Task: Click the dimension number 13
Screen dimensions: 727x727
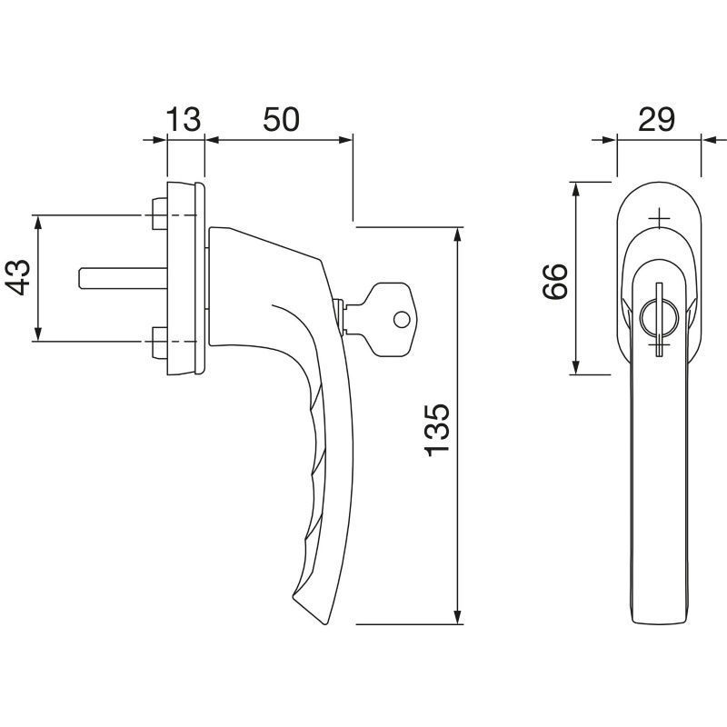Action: tap(184, 119)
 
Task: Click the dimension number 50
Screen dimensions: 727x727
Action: tap(281, 119)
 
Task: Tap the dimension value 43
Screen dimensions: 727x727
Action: tap(19, 278)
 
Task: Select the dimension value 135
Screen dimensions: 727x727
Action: tap(437, 430)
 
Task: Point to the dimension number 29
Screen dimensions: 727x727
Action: tap(656, 119)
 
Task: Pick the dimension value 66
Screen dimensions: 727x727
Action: tap(554, 282)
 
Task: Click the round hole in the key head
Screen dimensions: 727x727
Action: tap(402, 320)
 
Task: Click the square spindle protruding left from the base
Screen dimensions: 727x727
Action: tap(123, 278)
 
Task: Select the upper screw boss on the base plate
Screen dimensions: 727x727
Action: tap(160, 214)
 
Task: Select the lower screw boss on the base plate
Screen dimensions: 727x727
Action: tap(160, 343)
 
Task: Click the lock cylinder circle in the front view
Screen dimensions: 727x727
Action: tap(659, 319)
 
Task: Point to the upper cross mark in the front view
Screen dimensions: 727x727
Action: tap(659, 218)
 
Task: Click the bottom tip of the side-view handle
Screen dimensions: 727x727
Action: tap(327, 623)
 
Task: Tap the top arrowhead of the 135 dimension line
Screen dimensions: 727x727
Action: tap(458, 235)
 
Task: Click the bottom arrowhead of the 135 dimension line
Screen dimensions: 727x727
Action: tap(458, 616)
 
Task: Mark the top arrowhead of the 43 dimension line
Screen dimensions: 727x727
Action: tap(38, 223)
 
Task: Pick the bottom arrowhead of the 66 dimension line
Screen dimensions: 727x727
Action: tap(575, 366)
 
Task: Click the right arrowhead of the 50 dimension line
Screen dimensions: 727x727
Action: tap(345, 140)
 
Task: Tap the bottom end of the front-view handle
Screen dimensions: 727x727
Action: tap(659, 622)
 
